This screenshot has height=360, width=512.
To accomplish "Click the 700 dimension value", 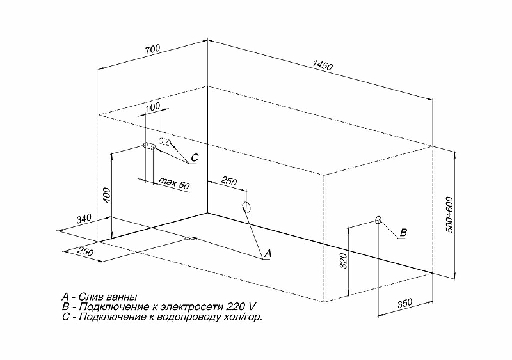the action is point(153,50).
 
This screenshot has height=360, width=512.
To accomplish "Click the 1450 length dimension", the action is point(323,65).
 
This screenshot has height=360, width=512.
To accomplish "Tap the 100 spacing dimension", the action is point(152,107).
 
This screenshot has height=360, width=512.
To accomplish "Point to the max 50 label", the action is point(174,184).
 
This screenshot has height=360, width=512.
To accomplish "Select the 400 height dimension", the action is point(108,195).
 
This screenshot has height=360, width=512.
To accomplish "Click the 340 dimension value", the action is point(84,219).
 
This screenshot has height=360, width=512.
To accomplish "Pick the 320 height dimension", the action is point(344,261).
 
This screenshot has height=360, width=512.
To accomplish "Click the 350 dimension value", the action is point(405,304).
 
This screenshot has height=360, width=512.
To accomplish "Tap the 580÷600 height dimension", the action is point(450,215).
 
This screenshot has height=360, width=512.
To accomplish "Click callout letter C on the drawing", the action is point(195,158).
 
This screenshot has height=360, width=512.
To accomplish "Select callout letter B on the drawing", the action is point(404,233).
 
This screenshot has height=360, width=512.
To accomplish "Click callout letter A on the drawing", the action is point(268,254).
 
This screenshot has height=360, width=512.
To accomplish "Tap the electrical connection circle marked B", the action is point(378,220).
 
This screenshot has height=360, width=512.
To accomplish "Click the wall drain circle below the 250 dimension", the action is point(246,207).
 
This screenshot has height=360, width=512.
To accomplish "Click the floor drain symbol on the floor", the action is point(189,239).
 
